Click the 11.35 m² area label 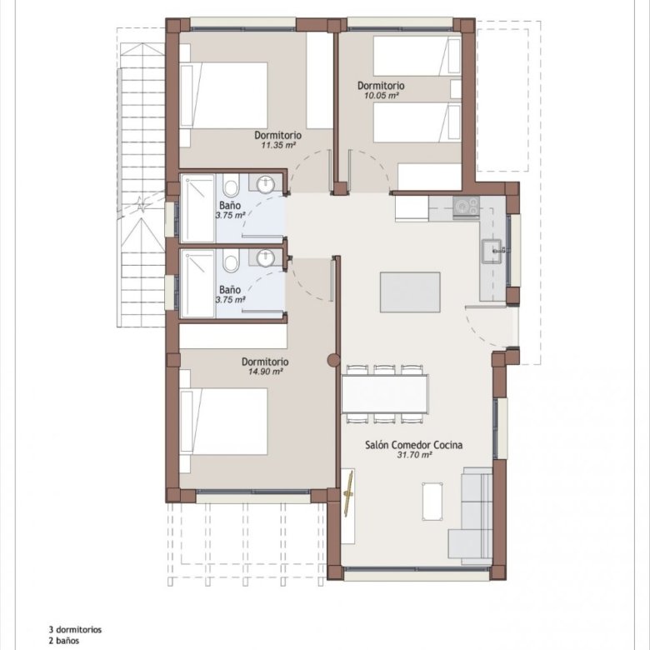coord(277,146)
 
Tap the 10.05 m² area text coord(382,96)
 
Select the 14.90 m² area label coord(265,372)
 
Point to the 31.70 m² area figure coord(414,455)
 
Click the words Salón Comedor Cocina coord(413,445)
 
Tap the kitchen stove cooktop coord(467,207)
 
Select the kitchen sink coord(492,251)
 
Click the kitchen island coord(410,292)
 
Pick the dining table coord(386,394)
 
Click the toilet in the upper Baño coord(231,185)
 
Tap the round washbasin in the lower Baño coord(266,258)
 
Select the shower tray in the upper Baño coord(198,208)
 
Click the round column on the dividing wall coord(333,360)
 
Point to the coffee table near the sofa coord(432,501)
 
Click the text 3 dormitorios coord(75,630)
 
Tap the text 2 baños coord(64,641)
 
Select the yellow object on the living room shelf coord(348,493)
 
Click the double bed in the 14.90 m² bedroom coord(224,422)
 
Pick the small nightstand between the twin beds coord(456,89)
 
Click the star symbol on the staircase coord(142,205)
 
